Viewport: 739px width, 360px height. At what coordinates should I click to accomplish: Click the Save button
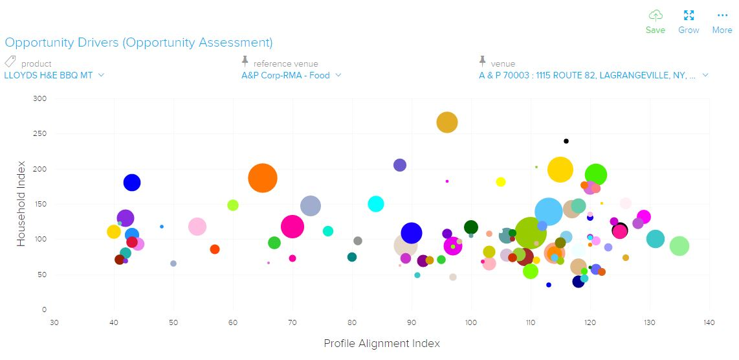click(x=655, y=22)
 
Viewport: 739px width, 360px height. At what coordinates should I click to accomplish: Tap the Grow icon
click(x=689, y=22)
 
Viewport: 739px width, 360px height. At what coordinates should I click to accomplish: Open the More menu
click(x=722, y=22)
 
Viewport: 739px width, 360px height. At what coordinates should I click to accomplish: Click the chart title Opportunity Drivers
click(x=138, y=43)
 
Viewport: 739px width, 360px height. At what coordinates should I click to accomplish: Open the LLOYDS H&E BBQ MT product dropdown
click(x=54, y=75)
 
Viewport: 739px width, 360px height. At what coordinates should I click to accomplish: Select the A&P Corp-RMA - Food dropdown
click(x=291, y=75)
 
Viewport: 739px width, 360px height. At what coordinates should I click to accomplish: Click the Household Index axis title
click(x=21, y=203)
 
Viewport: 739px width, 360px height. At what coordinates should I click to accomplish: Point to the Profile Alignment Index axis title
click(x=382, y=343)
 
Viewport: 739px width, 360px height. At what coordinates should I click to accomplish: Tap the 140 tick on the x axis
click(x=710, y=322)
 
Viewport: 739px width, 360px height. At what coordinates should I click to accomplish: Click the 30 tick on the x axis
click(x=54, y=322)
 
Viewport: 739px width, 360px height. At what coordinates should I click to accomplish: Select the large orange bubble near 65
click(x=262, y=177)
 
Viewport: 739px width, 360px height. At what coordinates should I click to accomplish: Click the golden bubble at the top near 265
click(x=447, y=122)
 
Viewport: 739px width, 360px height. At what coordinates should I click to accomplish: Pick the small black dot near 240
click(x=566, y=141)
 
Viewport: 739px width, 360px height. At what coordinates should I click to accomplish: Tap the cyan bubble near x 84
click(x=376, y=204)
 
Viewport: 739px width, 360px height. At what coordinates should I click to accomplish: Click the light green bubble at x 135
click(x=679, y=246)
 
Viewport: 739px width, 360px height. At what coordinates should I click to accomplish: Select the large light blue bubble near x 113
click(x=549, y=212)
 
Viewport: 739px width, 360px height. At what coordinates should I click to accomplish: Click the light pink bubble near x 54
click(x=197, y=227)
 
